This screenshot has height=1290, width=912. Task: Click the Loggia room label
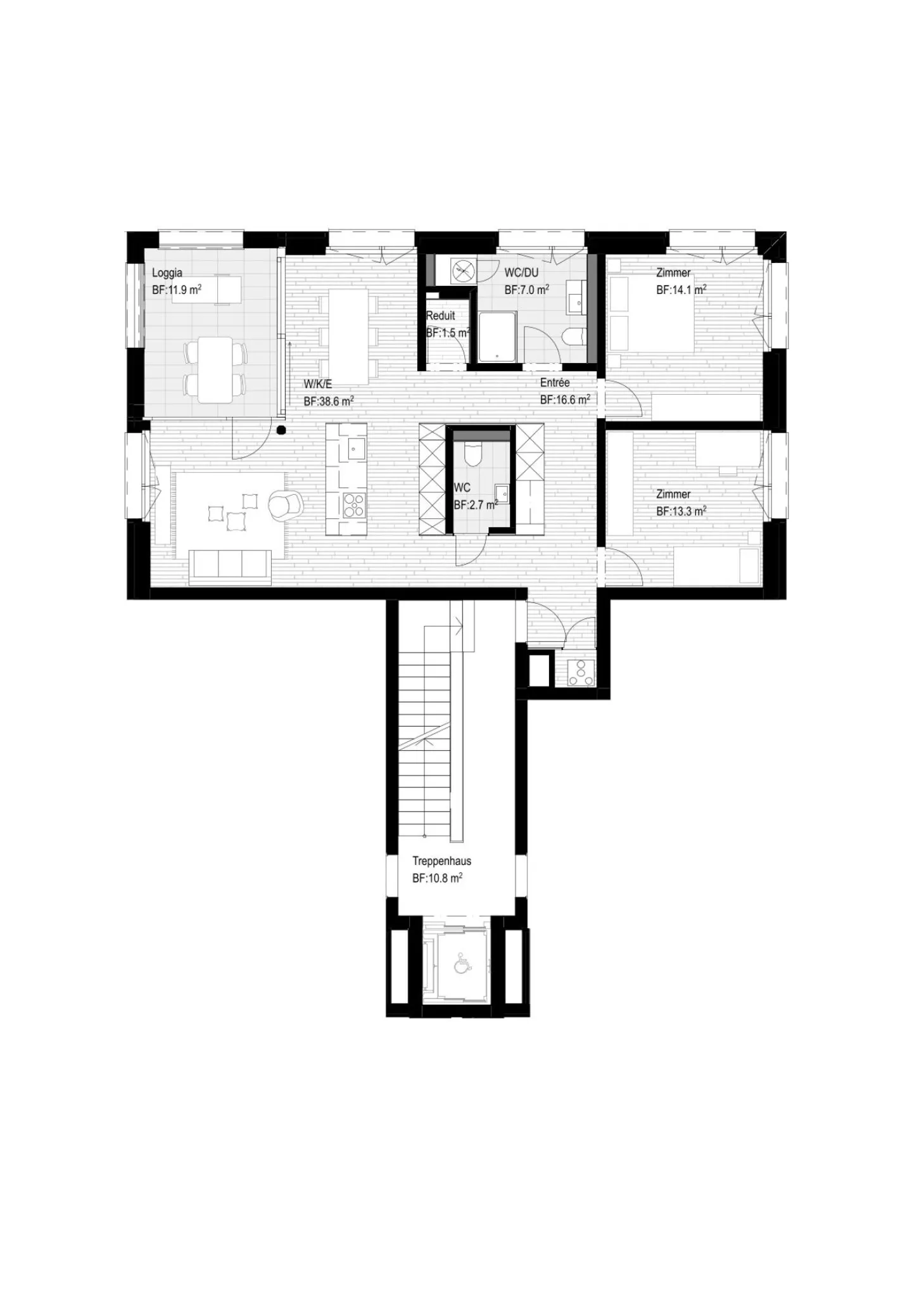click(167, 273)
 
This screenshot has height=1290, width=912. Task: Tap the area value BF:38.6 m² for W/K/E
click(328, 401)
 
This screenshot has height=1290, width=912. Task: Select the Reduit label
click(440, 316)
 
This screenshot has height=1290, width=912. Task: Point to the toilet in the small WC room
click(473, 453)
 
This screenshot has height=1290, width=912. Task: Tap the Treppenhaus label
click(441, 861)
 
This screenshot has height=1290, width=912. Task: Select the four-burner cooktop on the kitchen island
click(353, 505)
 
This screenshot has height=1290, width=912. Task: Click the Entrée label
click(555, 383)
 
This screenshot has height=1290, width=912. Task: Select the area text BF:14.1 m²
click(681, 290)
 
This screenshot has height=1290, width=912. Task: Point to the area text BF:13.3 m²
click(681, 511)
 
